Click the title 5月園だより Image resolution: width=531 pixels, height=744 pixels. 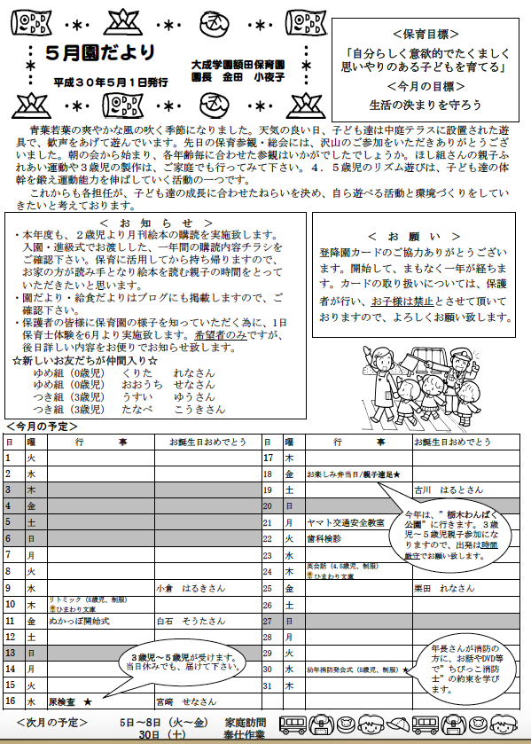pyautogui.click(x=100, y=51)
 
